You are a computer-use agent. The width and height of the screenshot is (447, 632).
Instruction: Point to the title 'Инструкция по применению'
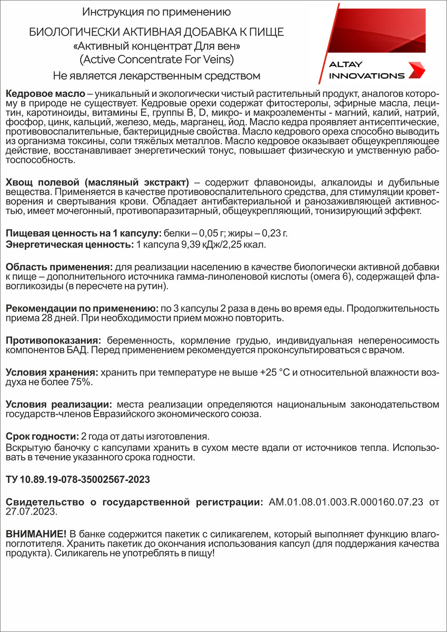[x=156, y=12]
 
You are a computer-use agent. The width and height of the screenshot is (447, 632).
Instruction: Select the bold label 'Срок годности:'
[x=41, y=437]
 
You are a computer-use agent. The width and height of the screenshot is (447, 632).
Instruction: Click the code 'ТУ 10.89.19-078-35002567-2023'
[x=77, y=479]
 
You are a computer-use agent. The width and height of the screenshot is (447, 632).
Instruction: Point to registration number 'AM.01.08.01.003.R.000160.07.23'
[x=346, y=501]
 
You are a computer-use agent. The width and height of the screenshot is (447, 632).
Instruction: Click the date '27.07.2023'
[x=25, y=511]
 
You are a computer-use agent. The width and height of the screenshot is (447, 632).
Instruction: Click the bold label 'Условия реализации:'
[x=58, y=404]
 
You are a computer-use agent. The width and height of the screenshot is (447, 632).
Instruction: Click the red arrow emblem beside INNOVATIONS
[x=418, y=70]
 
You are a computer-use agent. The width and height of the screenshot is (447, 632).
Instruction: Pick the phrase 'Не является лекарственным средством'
[x=156, y=75]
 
